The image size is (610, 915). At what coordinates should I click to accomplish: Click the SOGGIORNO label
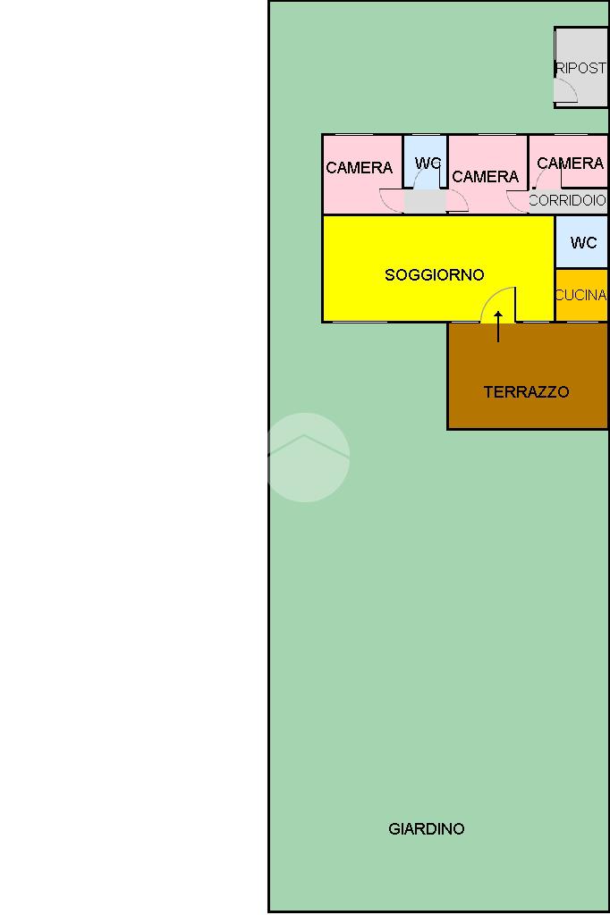click(434, 275)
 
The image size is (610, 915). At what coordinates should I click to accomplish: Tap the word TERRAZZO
click(526, 392)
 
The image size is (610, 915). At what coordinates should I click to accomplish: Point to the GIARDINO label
click(427, 829)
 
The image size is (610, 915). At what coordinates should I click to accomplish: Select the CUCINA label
click(580, 295)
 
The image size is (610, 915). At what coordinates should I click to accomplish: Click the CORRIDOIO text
click(567, 201)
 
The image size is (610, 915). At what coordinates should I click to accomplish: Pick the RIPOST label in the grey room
click(580, 68)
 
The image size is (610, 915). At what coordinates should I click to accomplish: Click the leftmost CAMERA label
click(359, 168)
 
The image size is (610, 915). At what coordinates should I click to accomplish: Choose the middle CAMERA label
click(485, 177)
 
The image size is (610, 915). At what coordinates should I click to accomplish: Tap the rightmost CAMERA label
click(570, 164)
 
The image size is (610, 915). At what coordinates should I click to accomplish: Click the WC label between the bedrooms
click(428, 164)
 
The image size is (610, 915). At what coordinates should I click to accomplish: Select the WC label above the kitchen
click(583, 243)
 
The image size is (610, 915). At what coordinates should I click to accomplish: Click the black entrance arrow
click(498, 326)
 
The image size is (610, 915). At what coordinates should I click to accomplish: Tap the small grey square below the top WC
click(425, 202)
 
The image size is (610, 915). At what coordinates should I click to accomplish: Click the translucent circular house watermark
click(305, 457)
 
